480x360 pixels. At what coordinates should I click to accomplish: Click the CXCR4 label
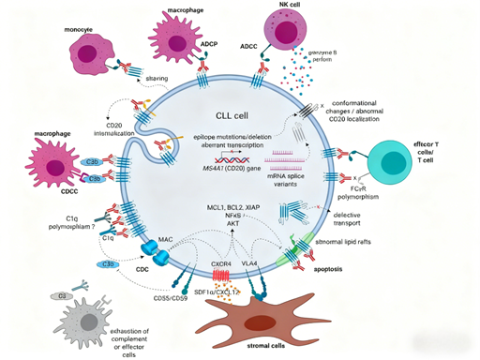(x=222, y=265)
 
